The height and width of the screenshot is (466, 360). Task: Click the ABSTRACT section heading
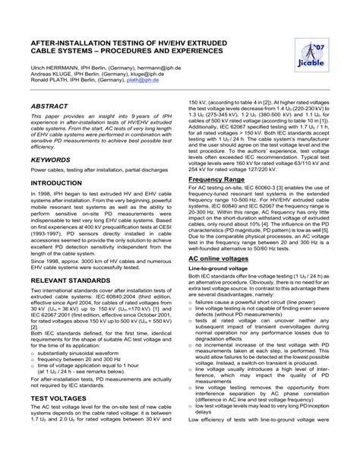click(49, 107)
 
